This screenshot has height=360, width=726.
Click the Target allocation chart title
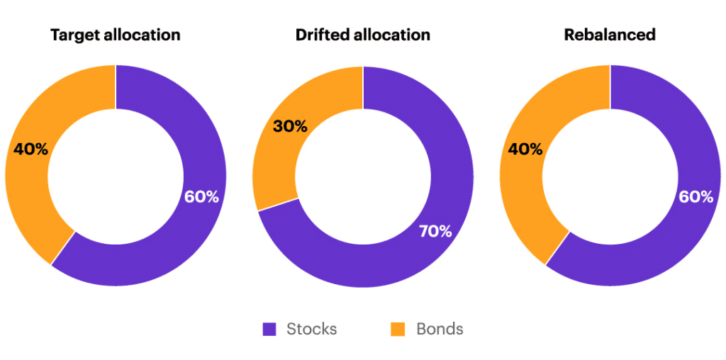click(x=115, y=35)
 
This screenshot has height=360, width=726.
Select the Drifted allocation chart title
click(x=362, y=35)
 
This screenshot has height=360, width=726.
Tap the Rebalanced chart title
click(x=610, y=35)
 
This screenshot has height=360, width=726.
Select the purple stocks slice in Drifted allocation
click(x=397, y=262)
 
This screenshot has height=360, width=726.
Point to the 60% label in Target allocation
click(x=202, y=197)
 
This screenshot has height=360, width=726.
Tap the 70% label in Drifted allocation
click(x=435, y=231)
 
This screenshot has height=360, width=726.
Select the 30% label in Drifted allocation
click(x=290, y=127)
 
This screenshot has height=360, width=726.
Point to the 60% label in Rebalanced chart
click(x=696, y=197)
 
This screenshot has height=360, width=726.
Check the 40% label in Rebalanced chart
click(x=525, y=150)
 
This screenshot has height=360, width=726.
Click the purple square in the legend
click(x=269, y=329)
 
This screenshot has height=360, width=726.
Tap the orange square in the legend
click(x=398, y=329)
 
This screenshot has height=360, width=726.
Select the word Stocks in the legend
click(x=312, y=329)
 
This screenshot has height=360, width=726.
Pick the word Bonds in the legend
click(x=440, y=329)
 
